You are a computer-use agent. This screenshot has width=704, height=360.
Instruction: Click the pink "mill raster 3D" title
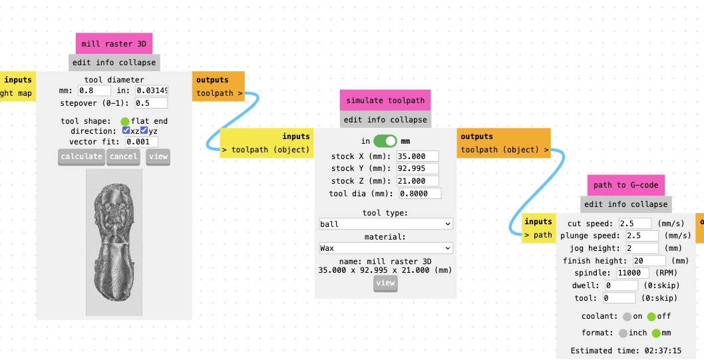coord(114,43)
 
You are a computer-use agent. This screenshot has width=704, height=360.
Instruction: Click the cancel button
coord(123,156)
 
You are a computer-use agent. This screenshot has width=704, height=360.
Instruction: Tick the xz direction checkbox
coord(126,130)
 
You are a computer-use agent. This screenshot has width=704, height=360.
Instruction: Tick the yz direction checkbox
coord(144,130)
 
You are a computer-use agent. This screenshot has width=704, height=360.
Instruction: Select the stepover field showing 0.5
coord(151,102)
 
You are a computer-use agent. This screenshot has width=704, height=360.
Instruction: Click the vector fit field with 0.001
coord(142,142)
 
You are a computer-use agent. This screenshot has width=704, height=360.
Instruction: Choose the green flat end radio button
coord(125,121)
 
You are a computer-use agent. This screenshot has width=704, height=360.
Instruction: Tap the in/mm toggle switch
coord(385,141)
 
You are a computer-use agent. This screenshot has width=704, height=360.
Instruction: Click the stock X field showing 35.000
coord(418,156)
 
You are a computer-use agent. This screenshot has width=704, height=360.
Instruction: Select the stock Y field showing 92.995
coord(418,168)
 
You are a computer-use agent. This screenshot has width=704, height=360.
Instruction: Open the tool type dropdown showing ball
coord(386,224)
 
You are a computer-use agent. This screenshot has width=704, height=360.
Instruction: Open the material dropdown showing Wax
coord(386,248)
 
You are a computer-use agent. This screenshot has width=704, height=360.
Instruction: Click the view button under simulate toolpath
coord(385,283)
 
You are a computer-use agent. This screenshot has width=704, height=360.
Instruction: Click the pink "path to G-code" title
coord(626,185)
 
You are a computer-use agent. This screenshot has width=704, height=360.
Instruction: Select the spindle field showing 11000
coord(633,273)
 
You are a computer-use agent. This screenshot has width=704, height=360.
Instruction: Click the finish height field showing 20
coord(649,260)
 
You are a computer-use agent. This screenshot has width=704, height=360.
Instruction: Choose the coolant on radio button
coord(627,317)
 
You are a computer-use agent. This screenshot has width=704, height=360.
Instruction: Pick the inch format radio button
coord(623,333)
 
